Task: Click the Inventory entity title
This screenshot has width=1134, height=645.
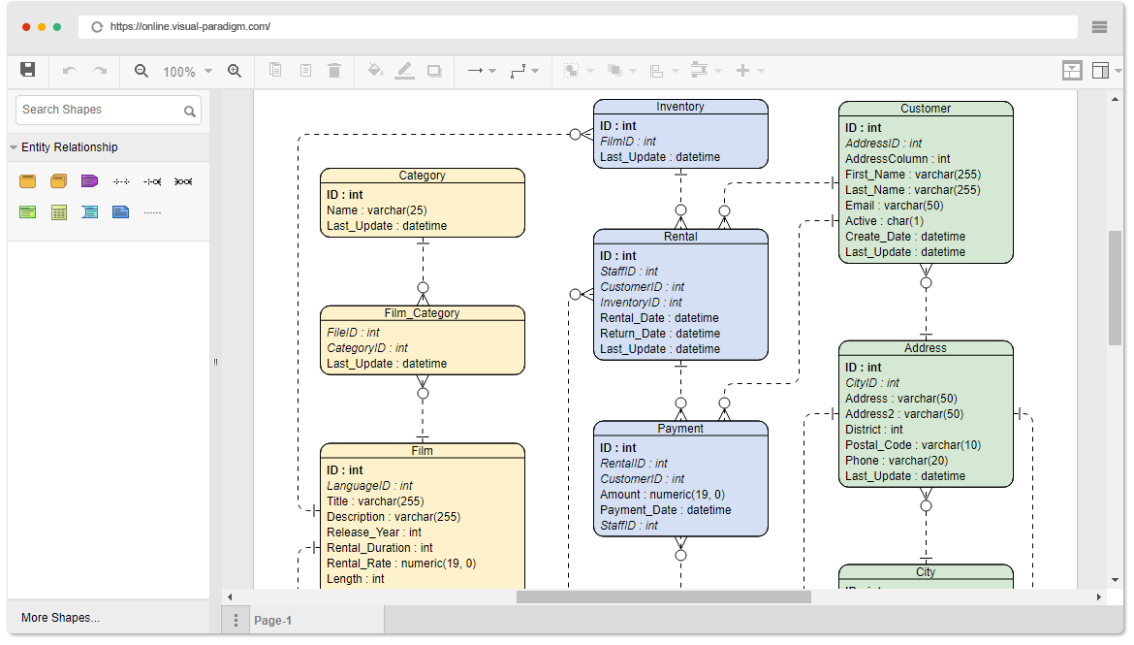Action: (x=679, y=107)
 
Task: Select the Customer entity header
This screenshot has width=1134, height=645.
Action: (x=925, y=109)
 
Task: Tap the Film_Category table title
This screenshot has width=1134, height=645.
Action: (x=422, y=312)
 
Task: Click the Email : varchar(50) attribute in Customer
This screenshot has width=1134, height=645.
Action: (x=894, y=206)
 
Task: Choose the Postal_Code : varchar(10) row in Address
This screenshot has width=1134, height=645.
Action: (x=913, y=445)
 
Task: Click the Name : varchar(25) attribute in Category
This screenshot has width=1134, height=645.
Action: (x=376, y=210)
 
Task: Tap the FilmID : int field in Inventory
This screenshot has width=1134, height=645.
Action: (x=628, y=142)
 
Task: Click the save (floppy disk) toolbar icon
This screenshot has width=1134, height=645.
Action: (x=27, y=70)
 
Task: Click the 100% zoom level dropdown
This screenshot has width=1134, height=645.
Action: (x=187, y=71)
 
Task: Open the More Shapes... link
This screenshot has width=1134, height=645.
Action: (x=61, y=618)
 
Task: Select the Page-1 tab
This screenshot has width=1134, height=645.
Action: (x=272, y=621)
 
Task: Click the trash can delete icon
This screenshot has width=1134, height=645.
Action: (x=334, y=70)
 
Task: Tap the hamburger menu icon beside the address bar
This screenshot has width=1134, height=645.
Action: (x=1099, y=27)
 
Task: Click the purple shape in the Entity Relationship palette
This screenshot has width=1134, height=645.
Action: (x=90, y=181)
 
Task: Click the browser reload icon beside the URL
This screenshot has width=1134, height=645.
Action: (x=97, y=27)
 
